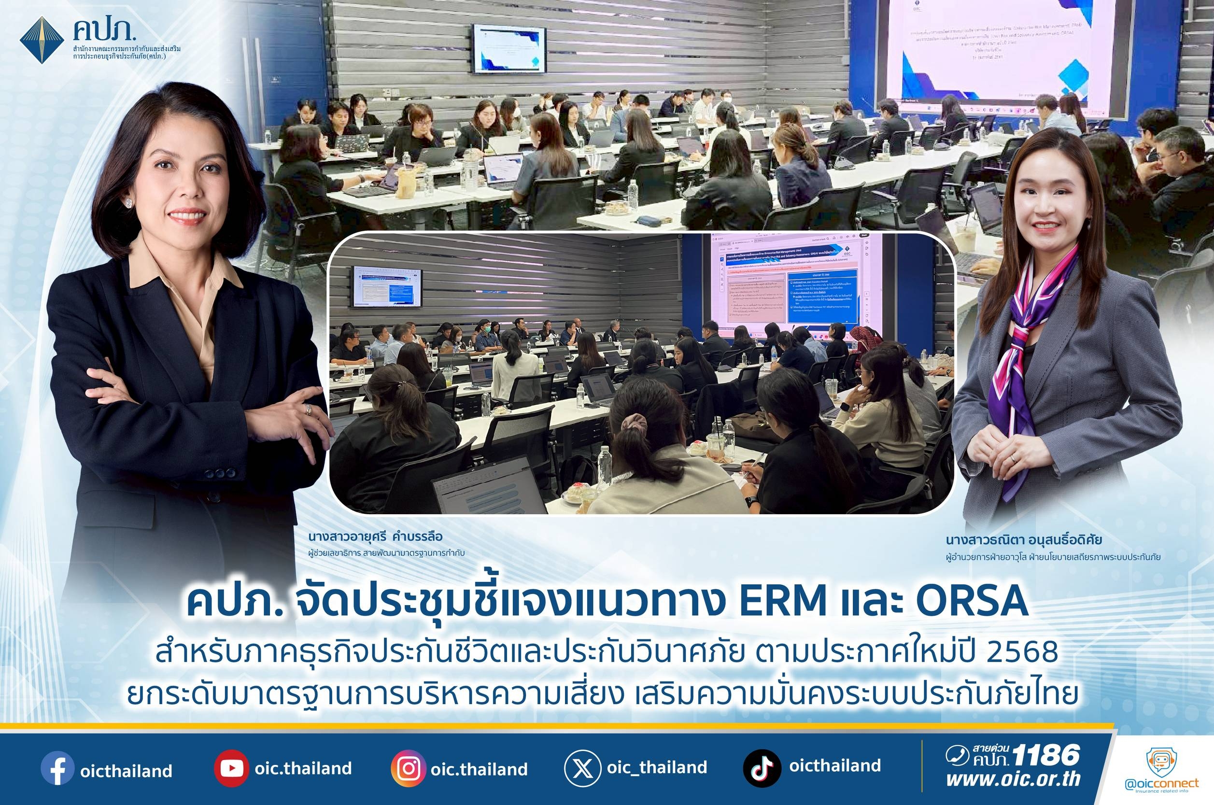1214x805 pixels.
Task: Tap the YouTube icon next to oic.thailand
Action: pos(229,769)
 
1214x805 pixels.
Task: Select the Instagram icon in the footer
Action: pos(408,769)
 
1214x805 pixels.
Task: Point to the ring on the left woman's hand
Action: pos(308,409)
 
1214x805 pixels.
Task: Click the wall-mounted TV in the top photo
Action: pos(508,47)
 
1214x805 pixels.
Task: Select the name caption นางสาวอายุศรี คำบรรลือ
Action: pos(375,537)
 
